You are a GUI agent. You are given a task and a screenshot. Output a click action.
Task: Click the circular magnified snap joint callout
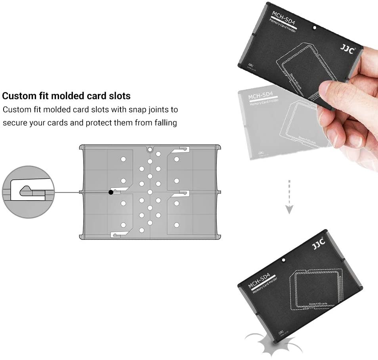(28, 192)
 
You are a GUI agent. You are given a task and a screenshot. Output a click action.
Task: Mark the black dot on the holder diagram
(111, 192)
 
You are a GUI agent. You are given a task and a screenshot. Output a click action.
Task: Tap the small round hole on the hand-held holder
(315, 29)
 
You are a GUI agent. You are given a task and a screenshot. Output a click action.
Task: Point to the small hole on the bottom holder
(284, 260)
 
